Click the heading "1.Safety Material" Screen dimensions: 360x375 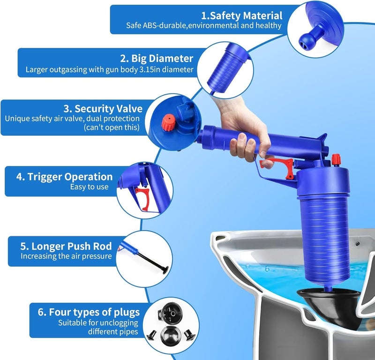248,16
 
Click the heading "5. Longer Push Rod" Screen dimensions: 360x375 66,246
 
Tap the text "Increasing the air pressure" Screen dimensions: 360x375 66,256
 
